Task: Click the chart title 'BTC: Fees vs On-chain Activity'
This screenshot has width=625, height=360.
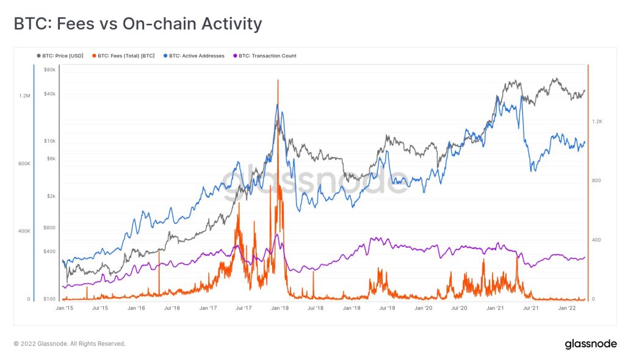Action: tap(137, 24)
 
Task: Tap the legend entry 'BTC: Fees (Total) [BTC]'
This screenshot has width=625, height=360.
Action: tap(126, 56)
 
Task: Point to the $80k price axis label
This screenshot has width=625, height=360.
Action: tap(49, 70)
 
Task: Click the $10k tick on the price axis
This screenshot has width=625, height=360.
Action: tap(49, 141)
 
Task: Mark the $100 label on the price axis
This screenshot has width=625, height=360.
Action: tap(49, 299)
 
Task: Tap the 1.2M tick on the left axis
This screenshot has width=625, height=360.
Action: tap(24, 96)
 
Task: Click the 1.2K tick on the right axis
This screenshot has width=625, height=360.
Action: tap(597, 121)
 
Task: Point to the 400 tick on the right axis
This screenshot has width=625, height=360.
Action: tap(596, 240)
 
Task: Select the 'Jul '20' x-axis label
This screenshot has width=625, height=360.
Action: tap(459, 309)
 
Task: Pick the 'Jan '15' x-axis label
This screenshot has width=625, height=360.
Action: tap(65, 309)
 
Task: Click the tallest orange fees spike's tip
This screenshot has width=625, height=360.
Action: tap(278, 80)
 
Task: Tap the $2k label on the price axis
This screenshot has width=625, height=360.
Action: tap(51, 196)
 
